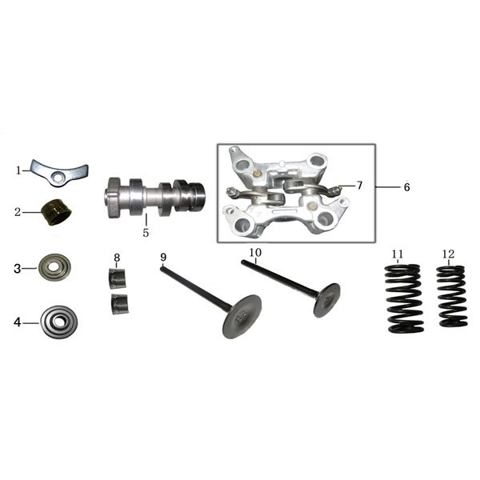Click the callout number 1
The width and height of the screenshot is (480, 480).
(x=18, y=170)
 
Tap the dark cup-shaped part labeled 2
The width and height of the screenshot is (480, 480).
(x=58, y=212)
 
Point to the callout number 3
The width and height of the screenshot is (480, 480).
(x=18, y=269)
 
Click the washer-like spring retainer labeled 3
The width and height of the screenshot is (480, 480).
(x=54, y=267)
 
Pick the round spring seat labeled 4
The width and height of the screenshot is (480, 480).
(x=58, y=322)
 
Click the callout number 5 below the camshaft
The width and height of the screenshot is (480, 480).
(x=146, y=233)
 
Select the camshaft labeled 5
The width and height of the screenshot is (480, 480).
(x=155, y=198)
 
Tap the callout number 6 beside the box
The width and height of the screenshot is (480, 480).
(x=406, y=186)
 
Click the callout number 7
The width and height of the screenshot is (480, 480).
(x=359, y=186)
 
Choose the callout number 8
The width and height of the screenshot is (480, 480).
(x=117, y=258)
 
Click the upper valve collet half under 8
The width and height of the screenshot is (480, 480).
(x=118, y=278)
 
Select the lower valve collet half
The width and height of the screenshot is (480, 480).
(x=120, y=304)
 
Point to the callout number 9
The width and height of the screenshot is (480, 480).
(x=163, y=258)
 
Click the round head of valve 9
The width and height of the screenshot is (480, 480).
(x=242, y=317)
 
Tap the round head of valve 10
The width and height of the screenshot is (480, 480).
(x=327, y=300)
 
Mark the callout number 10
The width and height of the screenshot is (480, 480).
(x=255, y=253)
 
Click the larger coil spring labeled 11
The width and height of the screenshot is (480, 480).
(x=404, y=298)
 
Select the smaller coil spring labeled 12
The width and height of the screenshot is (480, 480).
(x=451, y=296)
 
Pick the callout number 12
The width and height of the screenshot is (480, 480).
(x=449, y=254)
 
